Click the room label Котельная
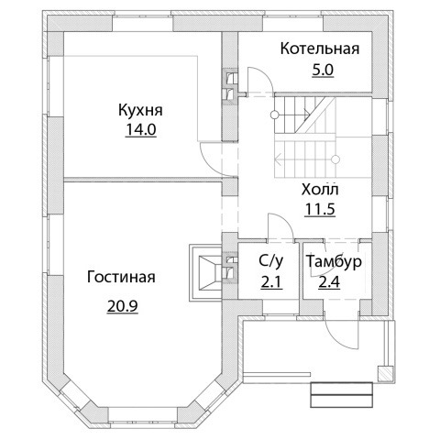point(320,49)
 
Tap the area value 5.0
point(323,71)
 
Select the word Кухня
point(140,110)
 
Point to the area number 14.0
point(141,130)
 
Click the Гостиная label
point(121,277)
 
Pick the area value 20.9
point(123,306)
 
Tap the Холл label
point(320,190)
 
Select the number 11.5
point(320,210)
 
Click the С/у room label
point(271,262)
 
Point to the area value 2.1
point(270,282)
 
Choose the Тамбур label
point(334,261)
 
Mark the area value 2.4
point(329,282)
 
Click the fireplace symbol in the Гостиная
point(205,272)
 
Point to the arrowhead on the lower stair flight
point(279,159)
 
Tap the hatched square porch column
point(385,374)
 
